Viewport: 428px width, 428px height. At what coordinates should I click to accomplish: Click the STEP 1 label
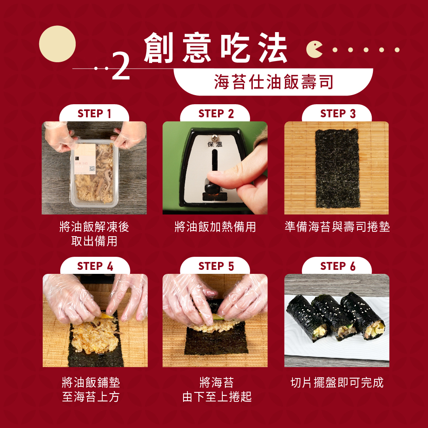point(94,114)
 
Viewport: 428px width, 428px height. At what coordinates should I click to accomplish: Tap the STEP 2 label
point(216,114)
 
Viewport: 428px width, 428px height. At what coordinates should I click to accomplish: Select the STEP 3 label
point(338,114)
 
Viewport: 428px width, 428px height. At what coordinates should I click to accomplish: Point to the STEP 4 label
point(95,266)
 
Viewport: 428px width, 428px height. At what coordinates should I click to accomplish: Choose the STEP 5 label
point(216,266)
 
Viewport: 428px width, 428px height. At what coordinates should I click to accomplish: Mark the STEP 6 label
point(338,266)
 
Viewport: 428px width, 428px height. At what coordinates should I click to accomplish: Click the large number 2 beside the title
point(121,66)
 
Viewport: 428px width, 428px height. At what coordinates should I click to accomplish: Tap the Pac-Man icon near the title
point(314,50)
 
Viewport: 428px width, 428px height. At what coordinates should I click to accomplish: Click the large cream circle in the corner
point(57,44)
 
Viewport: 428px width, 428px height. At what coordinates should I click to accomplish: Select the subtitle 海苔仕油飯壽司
point(273,82)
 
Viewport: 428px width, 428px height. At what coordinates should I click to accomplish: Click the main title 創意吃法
point(216,48)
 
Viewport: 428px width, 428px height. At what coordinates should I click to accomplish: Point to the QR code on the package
point(92,168)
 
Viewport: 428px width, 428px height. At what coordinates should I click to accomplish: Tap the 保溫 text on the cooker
point(215,144)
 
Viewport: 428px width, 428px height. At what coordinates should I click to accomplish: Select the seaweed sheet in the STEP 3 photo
point(337,168)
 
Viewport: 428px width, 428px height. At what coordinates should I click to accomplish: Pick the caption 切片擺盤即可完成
point(337,382)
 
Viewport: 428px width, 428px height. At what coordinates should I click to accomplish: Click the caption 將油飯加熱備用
point(215,227)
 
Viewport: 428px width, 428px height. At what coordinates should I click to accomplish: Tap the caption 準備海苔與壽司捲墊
point(337,227)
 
